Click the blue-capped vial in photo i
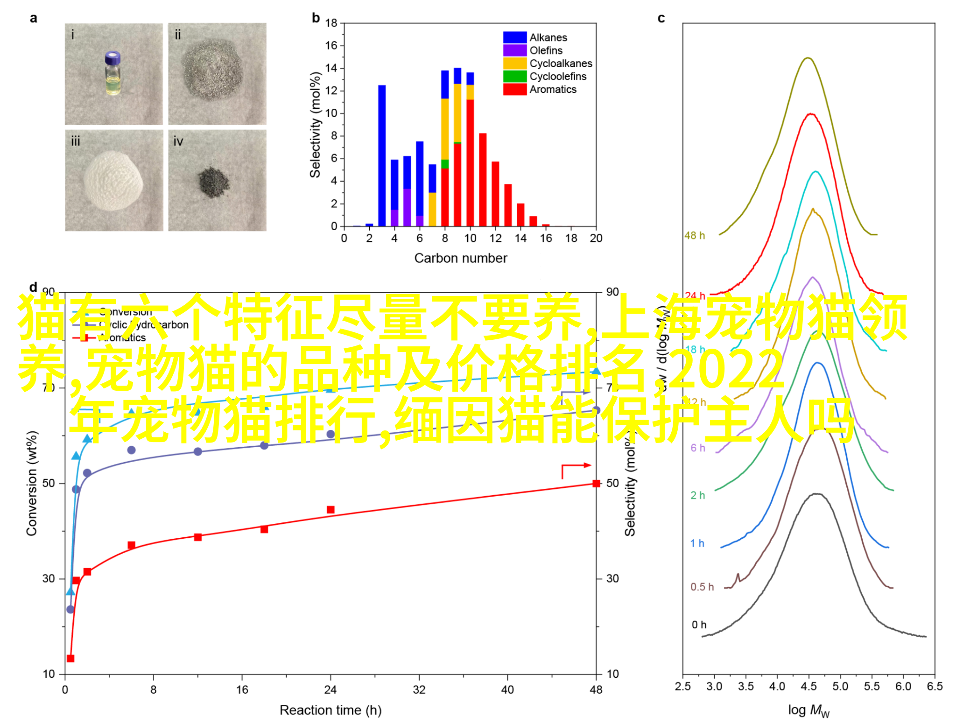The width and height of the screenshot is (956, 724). pos(113,73)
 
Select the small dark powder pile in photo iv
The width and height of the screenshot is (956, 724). pos(214,182)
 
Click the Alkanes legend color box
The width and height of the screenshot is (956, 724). pos(514,37)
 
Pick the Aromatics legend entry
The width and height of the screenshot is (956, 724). pos(553,89)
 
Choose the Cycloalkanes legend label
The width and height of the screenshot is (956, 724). pos(561,63)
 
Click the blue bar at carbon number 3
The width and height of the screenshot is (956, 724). pos(382,155)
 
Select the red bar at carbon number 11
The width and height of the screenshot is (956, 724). pos(483,180)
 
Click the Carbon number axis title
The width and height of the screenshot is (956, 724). pos(460,258)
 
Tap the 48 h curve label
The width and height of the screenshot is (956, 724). pos(695,236)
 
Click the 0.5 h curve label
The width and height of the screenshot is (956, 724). pos(702,587)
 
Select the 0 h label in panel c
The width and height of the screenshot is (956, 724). pos(699,625)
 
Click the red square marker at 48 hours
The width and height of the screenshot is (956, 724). pos(596,483)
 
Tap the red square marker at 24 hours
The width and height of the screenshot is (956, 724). pos(330,509)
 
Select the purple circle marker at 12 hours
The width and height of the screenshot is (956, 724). pos(198,451)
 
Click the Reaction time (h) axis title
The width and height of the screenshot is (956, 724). pos(330,710)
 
